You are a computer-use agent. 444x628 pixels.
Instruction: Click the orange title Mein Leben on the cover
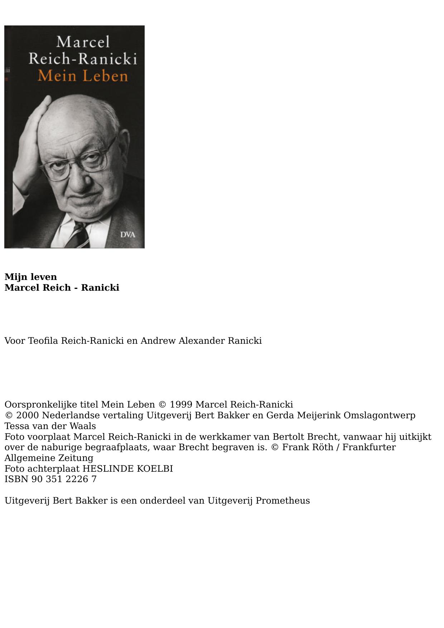click(83, 76)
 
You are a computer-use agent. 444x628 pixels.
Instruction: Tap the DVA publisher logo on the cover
click(127, 235)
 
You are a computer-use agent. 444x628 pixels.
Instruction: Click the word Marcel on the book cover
click(83, 42)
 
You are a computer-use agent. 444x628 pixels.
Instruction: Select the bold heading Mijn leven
click(31, 277)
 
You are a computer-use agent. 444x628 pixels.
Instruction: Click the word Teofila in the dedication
click(43, 341)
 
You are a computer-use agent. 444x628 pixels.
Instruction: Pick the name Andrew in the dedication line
click(158, 341)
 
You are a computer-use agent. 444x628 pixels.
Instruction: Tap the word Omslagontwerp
click(380, 415)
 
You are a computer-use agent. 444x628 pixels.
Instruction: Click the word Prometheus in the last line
click(283, 501)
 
